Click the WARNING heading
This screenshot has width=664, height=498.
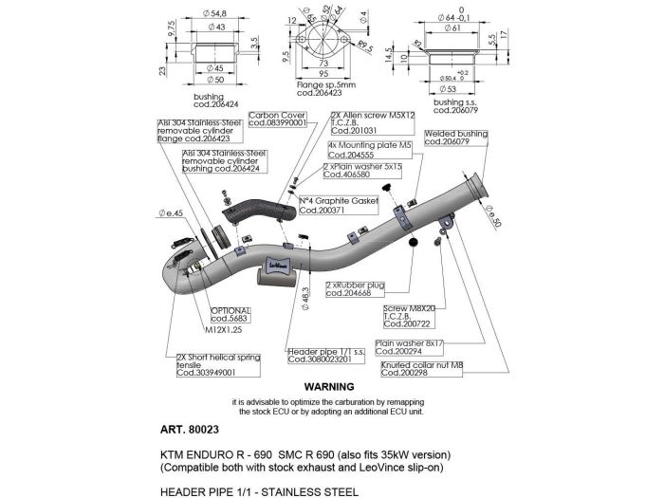point(328,387)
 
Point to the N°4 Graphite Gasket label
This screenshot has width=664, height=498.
point(330,206)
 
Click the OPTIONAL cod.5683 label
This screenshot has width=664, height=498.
point(231,315)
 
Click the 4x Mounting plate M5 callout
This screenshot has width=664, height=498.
point(361,151)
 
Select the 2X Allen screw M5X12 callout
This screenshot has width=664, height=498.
point(362,120)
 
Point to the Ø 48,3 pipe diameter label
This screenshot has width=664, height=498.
point(305,299)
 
